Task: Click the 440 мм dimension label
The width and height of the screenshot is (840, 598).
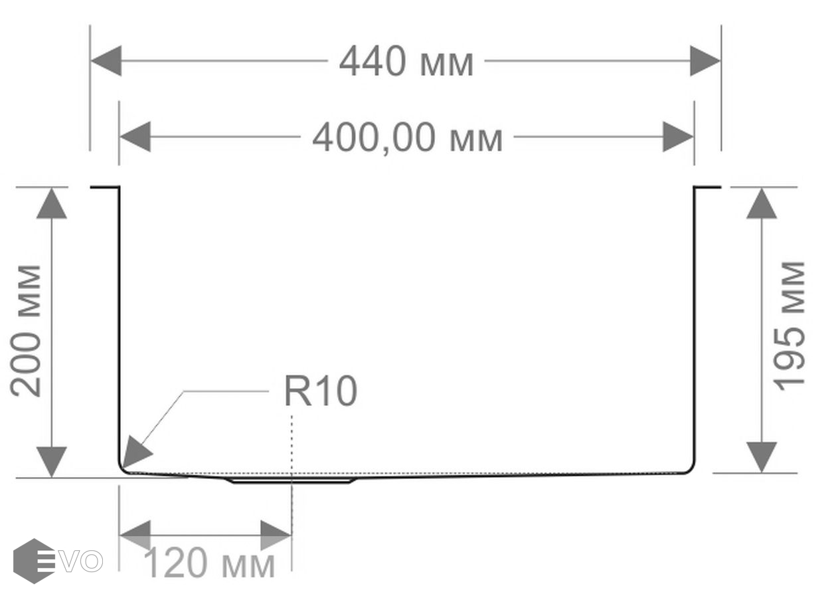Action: click(x=406, y=63)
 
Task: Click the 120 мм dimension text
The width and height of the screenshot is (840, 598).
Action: click(x=209, y=565)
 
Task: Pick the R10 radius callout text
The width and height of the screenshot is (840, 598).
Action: click(x=320, y=391)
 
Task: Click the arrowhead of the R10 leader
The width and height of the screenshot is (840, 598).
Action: click(x=135, y=453)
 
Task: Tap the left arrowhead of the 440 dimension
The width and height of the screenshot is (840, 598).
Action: click(x=106, y=61)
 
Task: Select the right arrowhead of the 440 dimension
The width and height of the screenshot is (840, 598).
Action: click(x=705, y=61)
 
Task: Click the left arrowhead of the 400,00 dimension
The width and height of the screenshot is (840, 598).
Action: click(x=135, y=137)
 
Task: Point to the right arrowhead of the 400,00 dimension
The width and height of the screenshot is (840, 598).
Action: click(x=678, y=137)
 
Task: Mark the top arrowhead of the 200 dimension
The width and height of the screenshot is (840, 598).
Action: click(x=52, y=203)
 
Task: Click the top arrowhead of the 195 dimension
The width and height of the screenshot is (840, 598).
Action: click(x=761, y=203)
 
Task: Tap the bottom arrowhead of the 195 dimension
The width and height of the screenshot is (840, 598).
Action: click(x=761, y=457)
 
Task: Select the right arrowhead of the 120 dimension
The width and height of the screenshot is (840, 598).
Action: click(x=276, y=536)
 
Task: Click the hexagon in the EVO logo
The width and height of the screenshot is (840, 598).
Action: click(x=34, y=561)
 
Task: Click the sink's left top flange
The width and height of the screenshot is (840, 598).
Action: click(x=105, y=188)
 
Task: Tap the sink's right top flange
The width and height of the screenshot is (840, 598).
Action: click(x=707, y=188)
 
